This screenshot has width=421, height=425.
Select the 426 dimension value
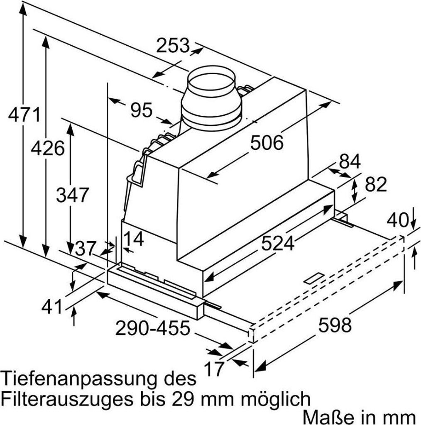[48, 148]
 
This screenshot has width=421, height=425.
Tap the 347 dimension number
[73, 195]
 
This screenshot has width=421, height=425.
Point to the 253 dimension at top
[173, 45]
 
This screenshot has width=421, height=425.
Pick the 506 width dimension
[267, 143]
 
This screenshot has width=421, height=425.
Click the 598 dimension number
[335, 325]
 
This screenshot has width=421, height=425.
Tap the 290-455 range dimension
[152, 328]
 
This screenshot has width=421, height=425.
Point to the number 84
[350, 162]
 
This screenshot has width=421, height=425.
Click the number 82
[376, 185]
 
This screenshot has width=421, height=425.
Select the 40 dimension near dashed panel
[397, 220]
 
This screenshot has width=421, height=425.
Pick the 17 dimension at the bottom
[214, 369]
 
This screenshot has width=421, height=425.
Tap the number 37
[85, 249]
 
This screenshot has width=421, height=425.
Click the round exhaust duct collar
[211, 99]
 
